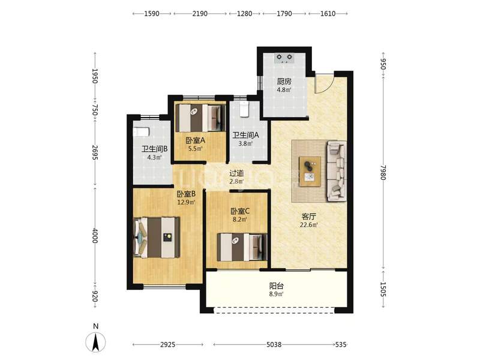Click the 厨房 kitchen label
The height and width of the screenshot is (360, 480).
pos(284,82)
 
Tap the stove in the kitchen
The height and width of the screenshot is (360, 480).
pos(284,58)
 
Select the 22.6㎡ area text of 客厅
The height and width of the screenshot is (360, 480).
pos(309,225)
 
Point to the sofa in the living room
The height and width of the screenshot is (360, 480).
pos(337,171)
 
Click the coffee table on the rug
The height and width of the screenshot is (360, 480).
pos(310,171)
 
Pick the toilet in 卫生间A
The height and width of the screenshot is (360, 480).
pos(245,110)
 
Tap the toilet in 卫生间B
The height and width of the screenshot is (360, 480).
pos(141,131)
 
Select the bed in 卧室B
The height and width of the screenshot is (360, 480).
pos(157,237)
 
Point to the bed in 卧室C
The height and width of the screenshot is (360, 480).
pos(242,247)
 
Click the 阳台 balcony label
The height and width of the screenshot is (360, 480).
pos(276,286)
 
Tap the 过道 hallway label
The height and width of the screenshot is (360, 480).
pos(237,173)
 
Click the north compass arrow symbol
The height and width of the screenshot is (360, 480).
pos(95,342)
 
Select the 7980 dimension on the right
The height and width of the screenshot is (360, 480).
pos(383,172)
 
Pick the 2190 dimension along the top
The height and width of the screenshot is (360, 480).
pos(200,14)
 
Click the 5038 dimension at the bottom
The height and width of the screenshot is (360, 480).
pos(274,344)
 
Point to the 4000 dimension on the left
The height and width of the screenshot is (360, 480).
pos(95,235)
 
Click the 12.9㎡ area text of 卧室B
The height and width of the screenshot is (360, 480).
pos(187,202)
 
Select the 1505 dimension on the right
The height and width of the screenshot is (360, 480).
pos(383,289)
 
